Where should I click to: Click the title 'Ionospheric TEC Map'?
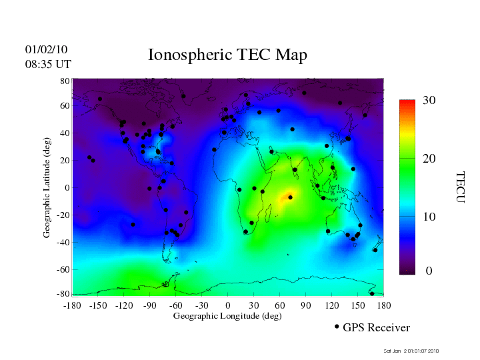point(227,55)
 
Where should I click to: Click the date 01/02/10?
point(46,49)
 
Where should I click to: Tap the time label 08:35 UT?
point(48,64)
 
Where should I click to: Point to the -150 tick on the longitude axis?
point(98,305)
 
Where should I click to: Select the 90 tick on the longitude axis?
point(306,305)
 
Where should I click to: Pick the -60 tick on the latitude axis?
point(63,269)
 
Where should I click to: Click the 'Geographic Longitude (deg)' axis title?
point(227,316)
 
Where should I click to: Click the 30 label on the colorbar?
point(429,101)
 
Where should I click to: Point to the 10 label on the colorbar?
point(429,217)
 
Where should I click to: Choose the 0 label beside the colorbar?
point(429,271)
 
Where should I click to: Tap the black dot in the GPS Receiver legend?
point(337,327)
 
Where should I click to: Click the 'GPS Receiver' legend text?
point(376,327)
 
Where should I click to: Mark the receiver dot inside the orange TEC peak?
point(290,197)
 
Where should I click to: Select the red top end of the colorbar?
point(407,103)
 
